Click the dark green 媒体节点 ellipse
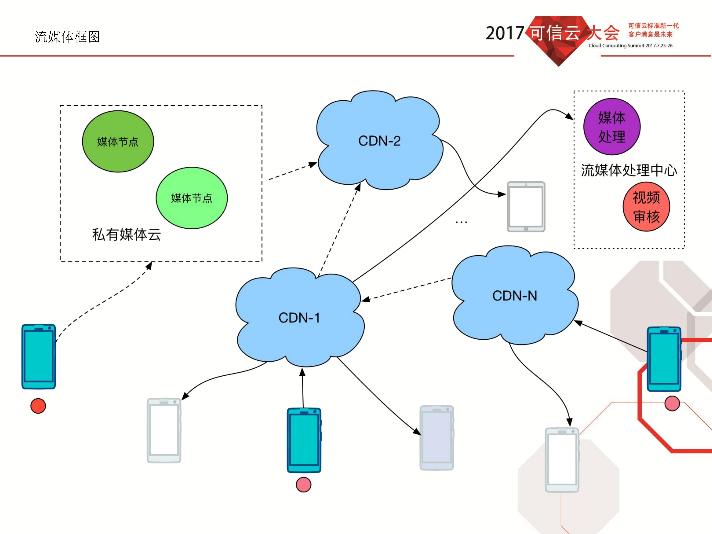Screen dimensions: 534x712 118,142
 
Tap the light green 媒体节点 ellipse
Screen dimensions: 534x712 192,198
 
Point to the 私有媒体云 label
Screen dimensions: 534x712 127,234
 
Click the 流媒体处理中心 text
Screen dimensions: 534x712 629,170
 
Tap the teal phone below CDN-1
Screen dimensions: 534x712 304,440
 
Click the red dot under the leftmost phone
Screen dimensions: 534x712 38,406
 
